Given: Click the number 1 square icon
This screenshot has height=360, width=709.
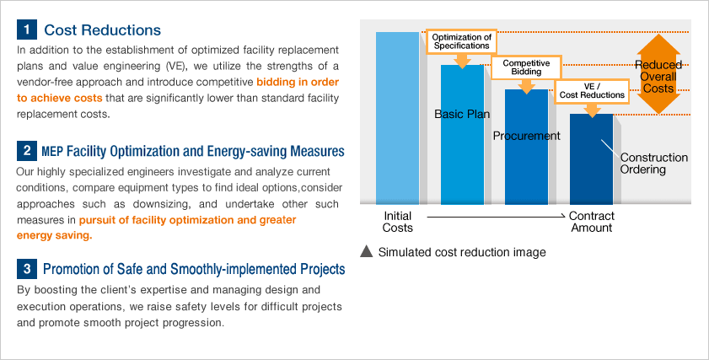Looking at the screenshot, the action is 27,30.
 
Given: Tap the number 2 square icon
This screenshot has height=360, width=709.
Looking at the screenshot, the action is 27,151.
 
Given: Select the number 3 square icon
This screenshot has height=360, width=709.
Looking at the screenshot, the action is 27,269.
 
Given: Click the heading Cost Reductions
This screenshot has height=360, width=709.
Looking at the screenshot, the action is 102,30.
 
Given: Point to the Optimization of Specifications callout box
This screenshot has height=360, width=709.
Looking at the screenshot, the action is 462,41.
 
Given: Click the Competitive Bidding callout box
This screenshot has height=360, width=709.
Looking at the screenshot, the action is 526,67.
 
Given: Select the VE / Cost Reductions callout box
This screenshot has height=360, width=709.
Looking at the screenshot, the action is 592,91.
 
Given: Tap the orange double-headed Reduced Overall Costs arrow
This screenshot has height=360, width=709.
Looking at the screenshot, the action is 658,74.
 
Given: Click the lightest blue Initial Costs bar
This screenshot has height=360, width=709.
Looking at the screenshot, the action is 397,118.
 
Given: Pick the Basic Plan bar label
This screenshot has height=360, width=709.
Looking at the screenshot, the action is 462,114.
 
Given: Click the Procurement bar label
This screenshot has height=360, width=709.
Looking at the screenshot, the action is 526,136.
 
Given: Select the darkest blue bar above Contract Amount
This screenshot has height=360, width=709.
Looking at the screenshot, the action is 592,159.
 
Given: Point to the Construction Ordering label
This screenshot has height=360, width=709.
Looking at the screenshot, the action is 654,164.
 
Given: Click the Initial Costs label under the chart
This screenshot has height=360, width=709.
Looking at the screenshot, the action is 397,222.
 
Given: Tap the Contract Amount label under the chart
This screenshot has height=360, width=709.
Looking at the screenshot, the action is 592,222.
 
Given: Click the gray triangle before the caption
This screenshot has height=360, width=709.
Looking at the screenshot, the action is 366,251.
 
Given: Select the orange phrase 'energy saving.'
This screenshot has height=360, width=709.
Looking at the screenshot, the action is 54,235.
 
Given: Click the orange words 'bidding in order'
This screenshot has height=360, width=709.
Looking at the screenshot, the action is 298,82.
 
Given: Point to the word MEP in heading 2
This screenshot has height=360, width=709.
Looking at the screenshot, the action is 52,152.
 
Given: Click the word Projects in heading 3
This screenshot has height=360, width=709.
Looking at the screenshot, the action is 322,269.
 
